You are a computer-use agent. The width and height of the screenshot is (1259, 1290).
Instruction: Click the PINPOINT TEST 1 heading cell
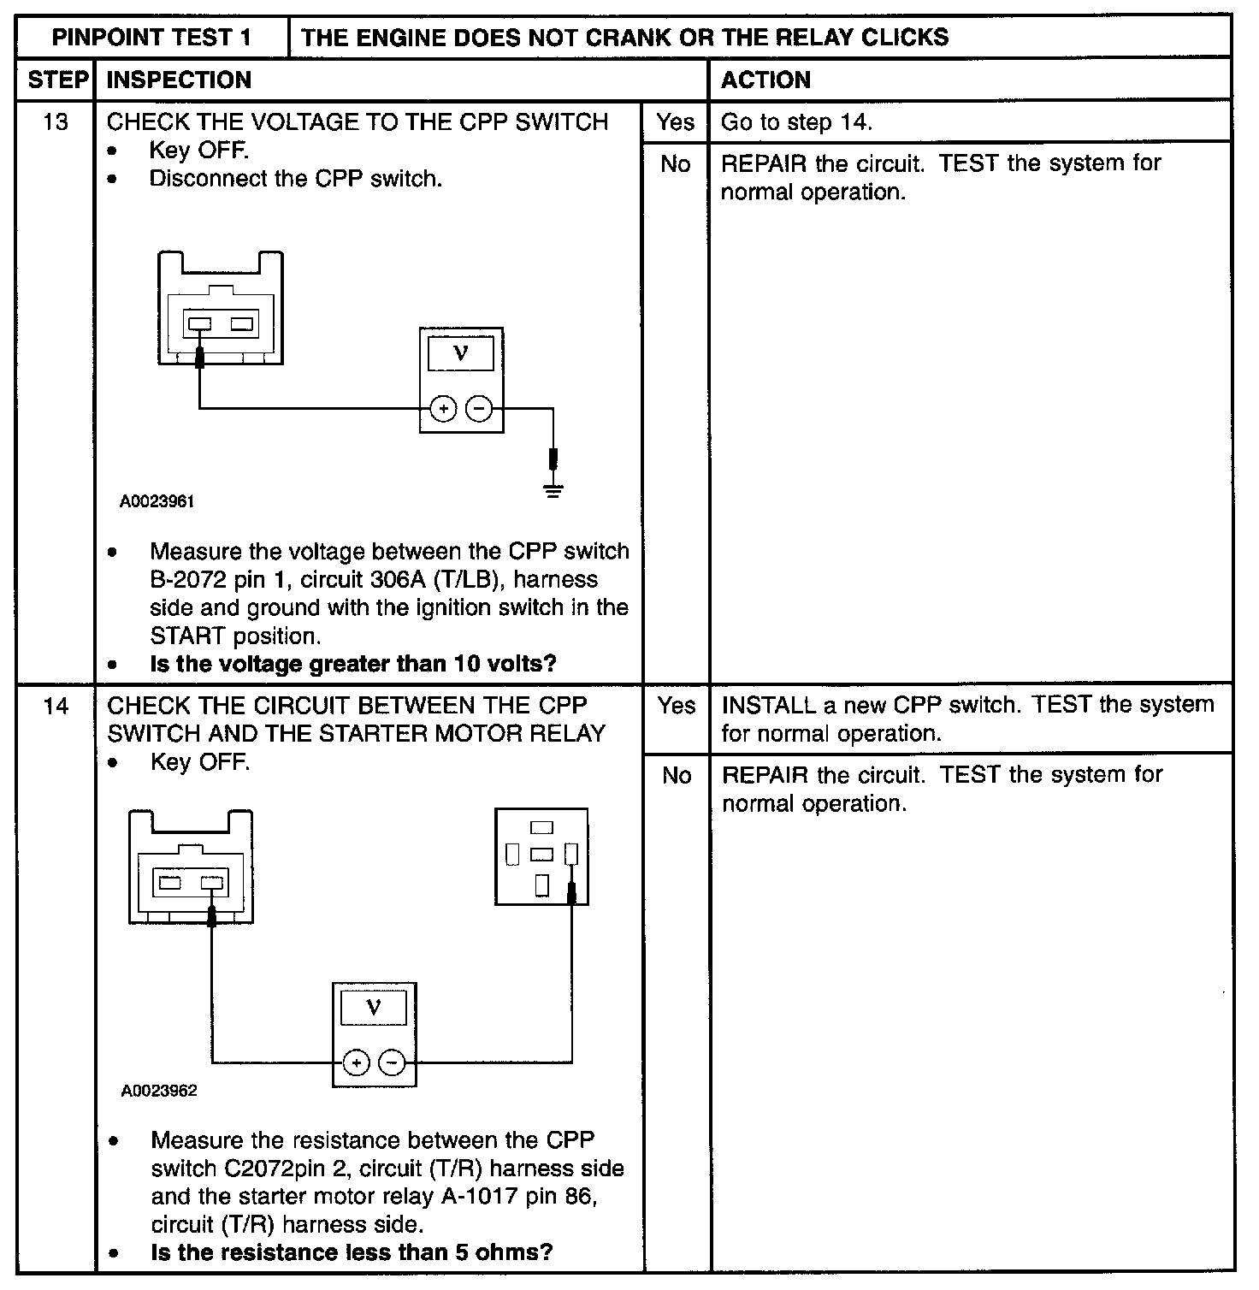coord(152,38)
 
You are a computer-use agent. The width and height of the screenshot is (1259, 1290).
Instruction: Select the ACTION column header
coord(765,80)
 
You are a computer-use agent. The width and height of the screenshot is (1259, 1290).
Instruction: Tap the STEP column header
coord(57,80)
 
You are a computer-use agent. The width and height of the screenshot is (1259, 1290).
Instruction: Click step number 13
coord(56,122)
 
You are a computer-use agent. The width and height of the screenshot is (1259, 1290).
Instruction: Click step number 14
coord(56,707)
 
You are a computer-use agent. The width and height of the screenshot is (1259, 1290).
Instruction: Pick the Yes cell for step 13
coord(676,122)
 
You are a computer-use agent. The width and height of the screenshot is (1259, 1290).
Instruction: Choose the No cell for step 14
coord(677,776)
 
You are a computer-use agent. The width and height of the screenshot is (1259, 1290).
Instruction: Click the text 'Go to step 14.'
coord(796,122)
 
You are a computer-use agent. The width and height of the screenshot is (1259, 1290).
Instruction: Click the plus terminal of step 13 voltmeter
coord(442,410)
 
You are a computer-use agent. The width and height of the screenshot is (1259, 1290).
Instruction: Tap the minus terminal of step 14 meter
coord(393,1063)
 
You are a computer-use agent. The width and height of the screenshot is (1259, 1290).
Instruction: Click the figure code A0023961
coord(157,502)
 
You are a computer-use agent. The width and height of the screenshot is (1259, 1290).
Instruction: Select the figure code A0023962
coord(159,1091)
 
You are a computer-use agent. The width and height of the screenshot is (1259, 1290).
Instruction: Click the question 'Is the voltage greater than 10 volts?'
coord(352,664)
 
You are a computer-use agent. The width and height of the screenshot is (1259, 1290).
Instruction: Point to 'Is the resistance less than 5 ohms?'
coord(352,1252)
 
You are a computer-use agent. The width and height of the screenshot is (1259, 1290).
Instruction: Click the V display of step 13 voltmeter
coord(461,353)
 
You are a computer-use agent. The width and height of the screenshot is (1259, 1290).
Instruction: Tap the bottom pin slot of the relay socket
coord(541,885)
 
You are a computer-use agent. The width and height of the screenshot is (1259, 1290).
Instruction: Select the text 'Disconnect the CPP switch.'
coord(296,179)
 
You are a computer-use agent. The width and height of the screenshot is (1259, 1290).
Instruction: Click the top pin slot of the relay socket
coord(541,827)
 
